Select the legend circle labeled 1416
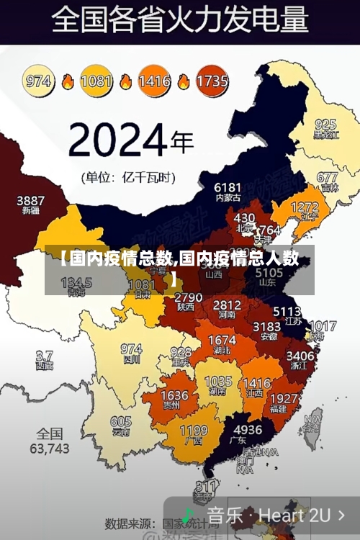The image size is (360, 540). click(154, 81)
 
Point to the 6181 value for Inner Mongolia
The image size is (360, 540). click(228, 187)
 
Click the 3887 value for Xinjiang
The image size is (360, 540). click(30, 200)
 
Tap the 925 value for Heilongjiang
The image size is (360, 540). click(325, 124)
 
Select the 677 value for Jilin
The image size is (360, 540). click(327, 177)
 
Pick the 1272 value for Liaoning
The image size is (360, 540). click(304, 207)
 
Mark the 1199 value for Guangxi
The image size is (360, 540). click(193, 431)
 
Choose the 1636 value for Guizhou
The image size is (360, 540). click(174, 395)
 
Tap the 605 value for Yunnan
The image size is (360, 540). click(121, 422)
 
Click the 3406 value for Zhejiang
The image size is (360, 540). click(300, 355)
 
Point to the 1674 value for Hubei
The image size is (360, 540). click(221, 340)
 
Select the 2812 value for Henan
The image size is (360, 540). click(227, 305)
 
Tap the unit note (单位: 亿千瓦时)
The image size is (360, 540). click(129, 176)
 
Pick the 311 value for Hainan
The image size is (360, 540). click(207, 487)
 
